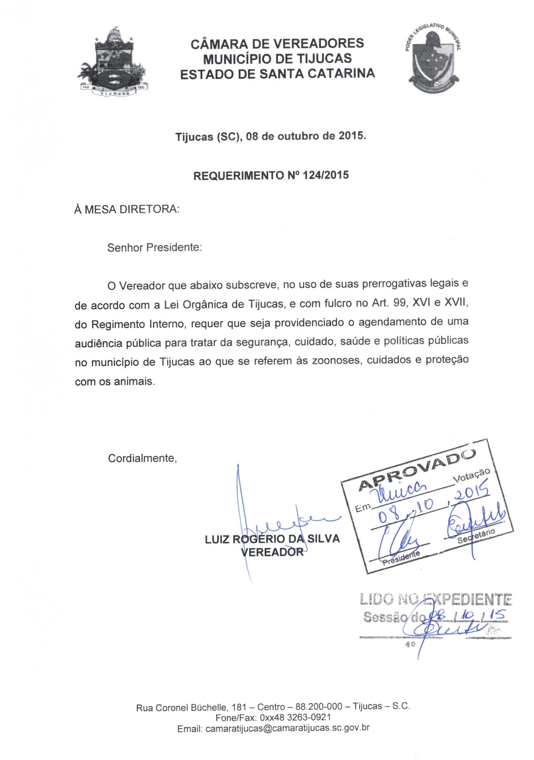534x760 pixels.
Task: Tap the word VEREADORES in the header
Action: (x=319, y=43)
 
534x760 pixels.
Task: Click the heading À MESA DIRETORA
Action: (x=127, y=209)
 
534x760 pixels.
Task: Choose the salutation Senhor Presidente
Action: (x=154, y=247)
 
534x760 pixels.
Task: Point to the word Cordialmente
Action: (x=142, y=458)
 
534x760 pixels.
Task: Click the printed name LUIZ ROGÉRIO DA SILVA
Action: (x=272, y=539)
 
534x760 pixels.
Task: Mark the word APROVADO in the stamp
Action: (x=417, y=470)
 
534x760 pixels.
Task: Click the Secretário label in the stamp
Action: (x=476, y=535)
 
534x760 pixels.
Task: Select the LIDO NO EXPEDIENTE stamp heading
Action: (x=436, y=600)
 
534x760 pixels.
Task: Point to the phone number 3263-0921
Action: (x=309, y=717)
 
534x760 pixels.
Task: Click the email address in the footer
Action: (x=287, y=728)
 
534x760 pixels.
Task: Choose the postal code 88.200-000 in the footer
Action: (x=319, y=706)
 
